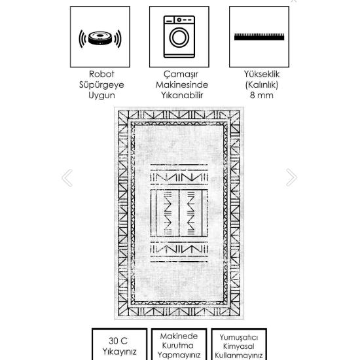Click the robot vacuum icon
click(x=100, y=37)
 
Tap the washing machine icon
click(x=179, y=37)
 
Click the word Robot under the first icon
click(x=101, y=74)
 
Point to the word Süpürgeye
click(x=101, y=84)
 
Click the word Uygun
click(x=101, y=95)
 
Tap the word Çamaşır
click(x=181, y=74)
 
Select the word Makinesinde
click(x=181, y=84)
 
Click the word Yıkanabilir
click(x=181, y=95)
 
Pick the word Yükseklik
click(x=262, y=74)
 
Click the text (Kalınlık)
click(x=262, y=84)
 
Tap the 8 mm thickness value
click(x=262, y=95)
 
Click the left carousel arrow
click(x=66, y=177)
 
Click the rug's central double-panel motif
click(x=179, y=213)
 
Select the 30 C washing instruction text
click(x=118, y=341)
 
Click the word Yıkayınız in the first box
click(x=118, y=352)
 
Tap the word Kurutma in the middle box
click(x=179, y=346)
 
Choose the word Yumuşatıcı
click(x=239, y=337)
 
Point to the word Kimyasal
click(x=239, y=346)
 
